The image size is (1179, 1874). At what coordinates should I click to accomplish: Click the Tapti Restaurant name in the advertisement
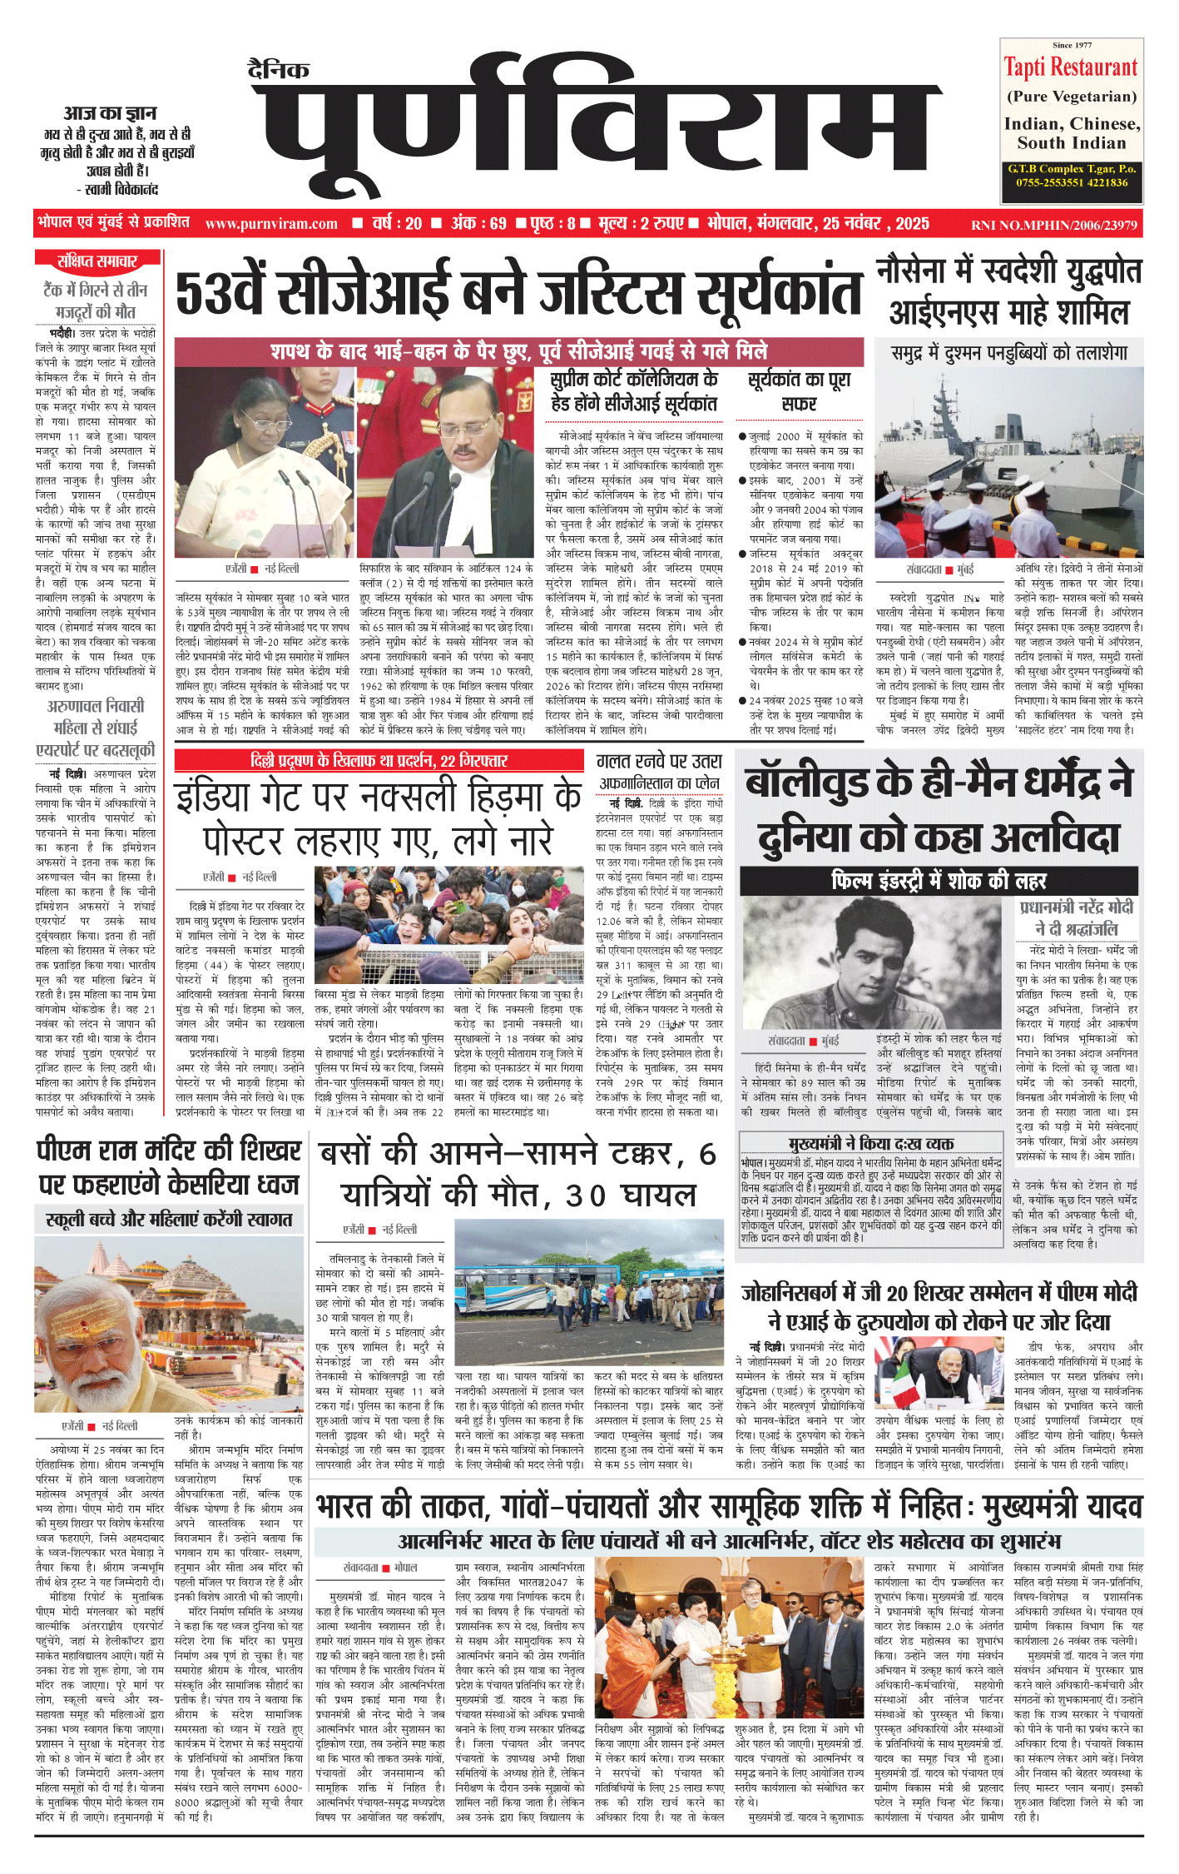(1071, 67)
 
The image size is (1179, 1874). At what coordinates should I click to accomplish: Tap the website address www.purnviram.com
(271, 224)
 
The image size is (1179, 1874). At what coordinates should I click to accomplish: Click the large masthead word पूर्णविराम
(595, 133)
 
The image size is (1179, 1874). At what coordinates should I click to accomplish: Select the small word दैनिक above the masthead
(279, 70)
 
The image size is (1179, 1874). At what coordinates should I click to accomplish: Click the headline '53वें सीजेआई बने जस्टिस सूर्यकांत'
(518, 292)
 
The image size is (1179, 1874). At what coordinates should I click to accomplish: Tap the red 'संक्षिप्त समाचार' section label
(97, 261)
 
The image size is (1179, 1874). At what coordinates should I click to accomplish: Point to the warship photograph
(1008, 462)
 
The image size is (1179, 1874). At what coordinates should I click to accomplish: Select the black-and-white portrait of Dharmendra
(872, 962)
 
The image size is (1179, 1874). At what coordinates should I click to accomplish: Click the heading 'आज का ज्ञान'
(111, 113)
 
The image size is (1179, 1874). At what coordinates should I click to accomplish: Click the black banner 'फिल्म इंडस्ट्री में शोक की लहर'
(938, 880)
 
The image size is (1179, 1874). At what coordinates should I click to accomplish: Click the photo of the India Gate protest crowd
(449, 924)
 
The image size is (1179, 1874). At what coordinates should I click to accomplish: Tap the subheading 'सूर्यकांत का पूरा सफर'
(799, 391)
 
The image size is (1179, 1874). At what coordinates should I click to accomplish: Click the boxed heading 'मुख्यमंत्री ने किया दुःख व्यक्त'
(871, 1144)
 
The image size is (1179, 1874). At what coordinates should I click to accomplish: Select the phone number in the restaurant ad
(1072, 182)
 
